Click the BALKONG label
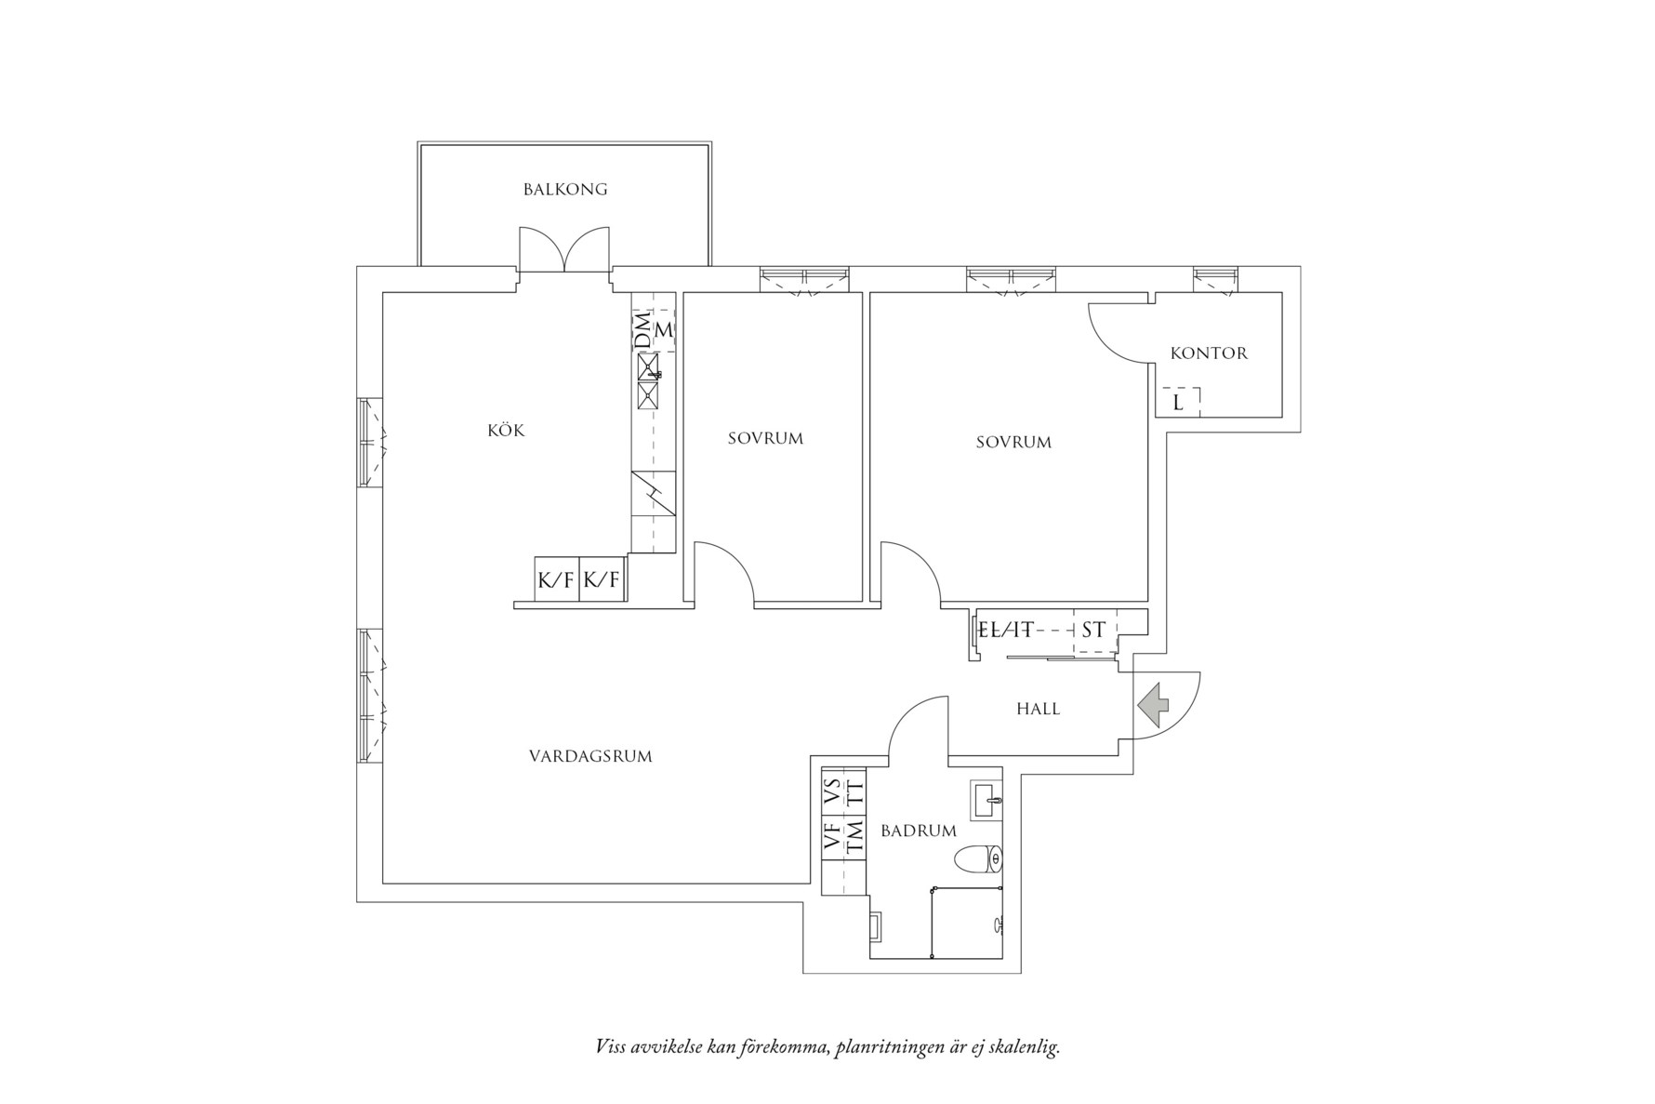tap(565, 190)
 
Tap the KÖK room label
tap(506, 430)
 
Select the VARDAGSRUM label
tap(590, 756)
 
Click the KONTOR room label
tap(1209, 353)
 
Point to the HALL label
tap(1039, 709)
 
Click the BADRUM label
tap(919, 831)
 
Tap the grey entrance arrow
tap(1153, 704)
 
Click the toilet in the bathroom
tap(980, 859)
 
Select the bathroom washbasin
tap(986, 799)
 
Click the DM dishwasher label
tap(643, 331)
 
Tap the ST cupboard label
tap(1093, 630)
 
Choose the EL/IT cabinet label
tap(1005, 630)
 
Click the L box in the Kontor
tap(1178, 402)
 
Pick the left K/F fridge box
tap(556, 579)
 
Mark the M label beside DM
tap(664, 330)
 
